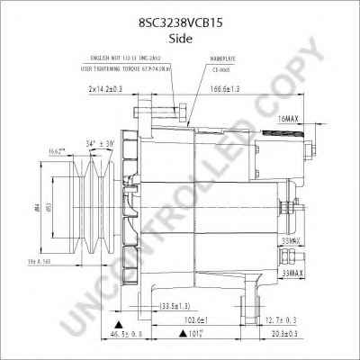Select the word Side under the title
click(179, 29)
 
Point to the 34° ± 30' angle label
click(100, 142)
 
